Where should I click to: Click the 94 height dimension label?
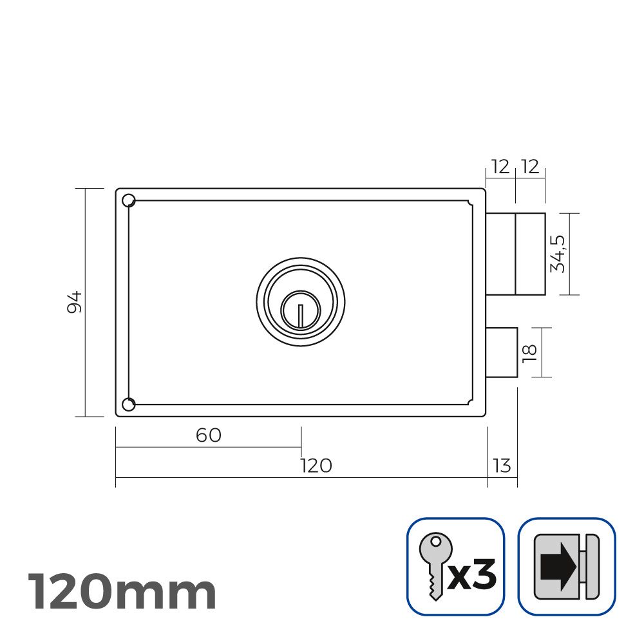click(x=75, y=302)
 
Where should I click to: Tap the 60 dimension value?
click(x=208, y=436)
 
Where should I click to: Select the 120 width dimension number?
click(x=316, y=466)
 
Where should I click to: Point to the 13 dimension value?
click(x=502, y=466)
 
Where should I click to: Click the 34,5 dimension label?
click(x=558, y=254)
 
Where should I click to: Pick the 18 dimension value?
click(x=530, y=352)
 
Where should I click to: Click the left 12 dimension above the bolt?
click(x=500, y=167)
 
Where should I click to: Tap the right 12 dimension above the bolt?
click(x=530, y=167)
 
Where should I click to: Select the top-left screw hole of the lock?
click(x=128, y=200)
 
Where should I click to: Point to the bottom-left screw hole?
click(x=128, y=404)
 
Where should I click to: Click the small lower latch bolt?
click(x=502, y=352)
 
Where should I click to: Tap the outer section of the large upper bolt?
click(x=530, y=254)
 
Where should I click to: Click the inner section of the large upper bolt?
click(x=500, y=254)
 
